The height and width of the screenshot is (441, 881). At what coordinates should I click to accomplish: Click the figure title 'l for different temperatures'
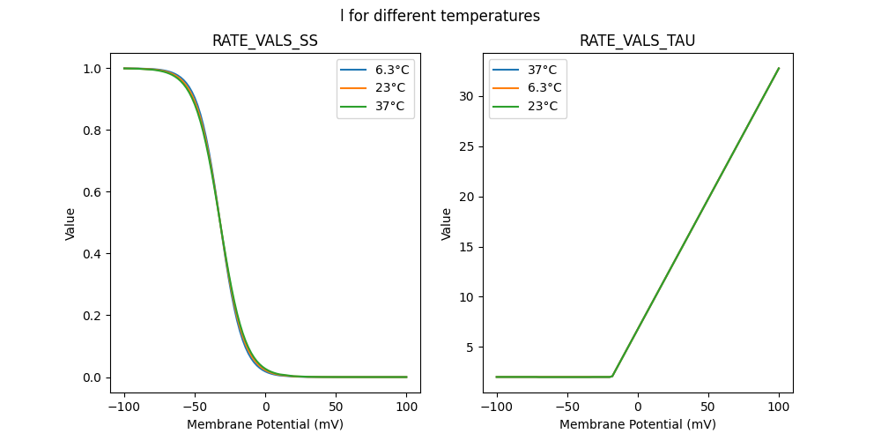(440, 16)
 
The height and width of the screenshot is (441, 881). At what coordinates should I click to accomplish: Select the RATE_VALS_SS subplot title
(265, 41)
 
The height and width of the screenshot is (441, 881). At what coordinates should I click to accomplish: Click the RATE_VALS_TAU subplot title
(637, 41)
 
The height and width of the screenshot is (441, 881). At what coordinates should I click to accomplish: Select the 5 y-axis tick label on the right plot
(472, 348)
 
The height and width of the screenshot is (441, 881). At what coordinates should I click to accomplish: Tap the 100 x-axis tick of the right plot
(779, 407)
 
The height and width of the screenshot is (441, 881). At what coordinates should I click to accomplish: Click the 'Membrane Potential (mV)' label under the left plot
(265, 424)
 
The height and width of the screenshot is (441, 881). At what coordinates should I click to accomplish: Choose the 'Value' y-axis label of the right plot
(447, 224)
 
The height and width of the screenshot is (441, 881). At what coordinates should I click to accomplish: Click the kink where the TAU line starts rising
(612, 377)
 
